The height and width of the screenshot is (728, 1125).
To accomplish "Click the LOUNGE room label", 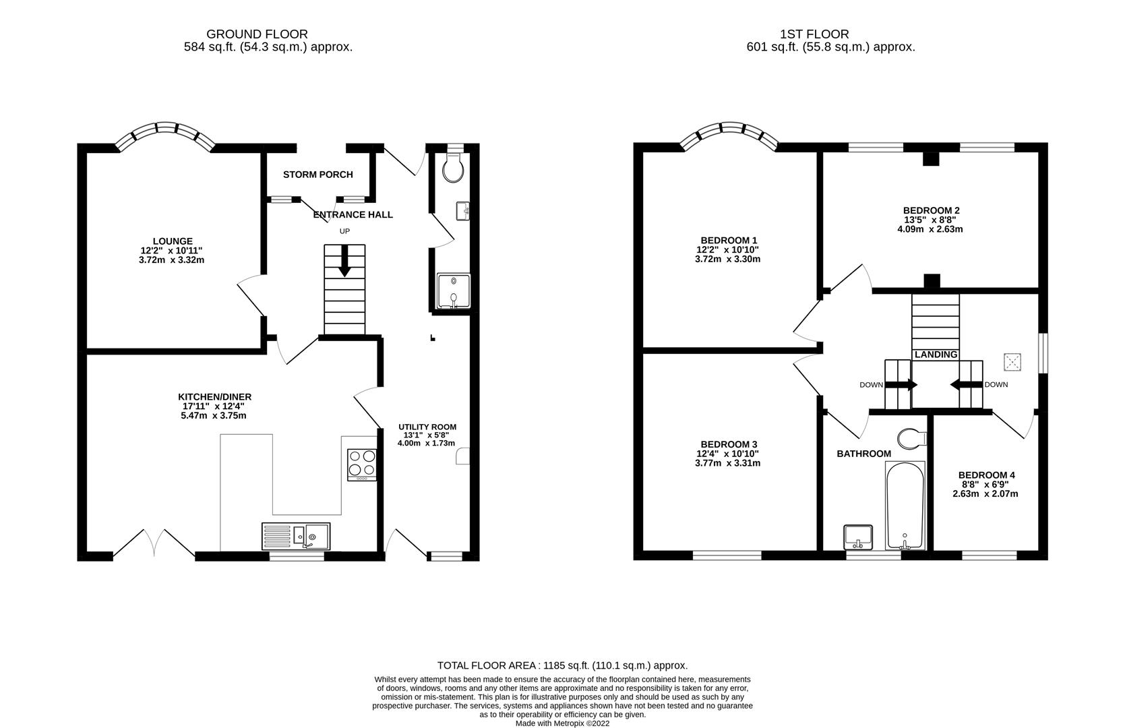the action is (173, 241).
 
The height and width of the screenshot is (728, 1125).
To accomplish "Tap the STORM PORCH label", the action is (318, 175).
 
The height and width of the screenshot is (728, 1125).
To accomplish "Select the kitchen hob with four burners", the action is (361, 464).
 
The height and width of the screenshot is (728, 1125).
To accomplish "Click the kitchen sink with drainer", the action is (296, 536).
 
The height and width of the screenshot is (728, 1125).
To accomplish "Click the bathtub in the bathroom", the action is (905, 506).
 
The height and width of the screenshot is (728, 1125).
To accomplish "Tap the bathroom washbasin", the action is (858, 537).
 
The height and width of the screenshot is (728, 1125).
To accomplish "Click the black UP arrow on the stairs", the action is (344, 260).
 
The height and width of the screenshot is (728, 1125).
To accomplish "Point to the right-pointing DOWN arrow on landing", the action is (901, 386).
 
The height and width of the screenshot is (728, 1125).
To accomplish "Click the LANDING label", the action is (936, 355).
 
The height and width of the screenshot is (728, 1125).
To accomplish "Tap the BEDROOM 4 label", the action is (986, 475).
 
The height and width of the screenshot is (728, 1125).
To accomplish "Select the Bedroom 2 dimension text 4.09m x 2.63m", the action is (930, 229).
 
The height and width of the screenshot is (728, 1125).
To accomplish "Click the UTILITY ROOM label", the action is (427, 427).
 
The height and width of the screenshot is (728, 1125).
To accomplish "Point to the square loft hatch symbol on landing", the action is (1012, 362).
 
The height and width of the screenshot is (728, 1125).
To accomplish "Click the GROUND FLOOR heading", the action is (257, 34).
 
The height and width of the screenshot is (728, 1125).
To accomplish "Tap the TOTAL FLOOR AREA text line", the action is (562, 665).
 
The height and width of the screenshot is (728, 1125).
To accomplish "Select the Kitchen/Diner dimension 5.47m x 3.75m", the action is (214, 415).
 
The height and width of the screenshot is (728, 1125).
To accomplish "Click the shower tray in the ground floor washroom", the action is (454, 291).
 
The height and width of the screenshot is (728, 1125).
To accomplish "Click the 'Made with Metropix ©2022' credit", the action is (562, 723).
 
